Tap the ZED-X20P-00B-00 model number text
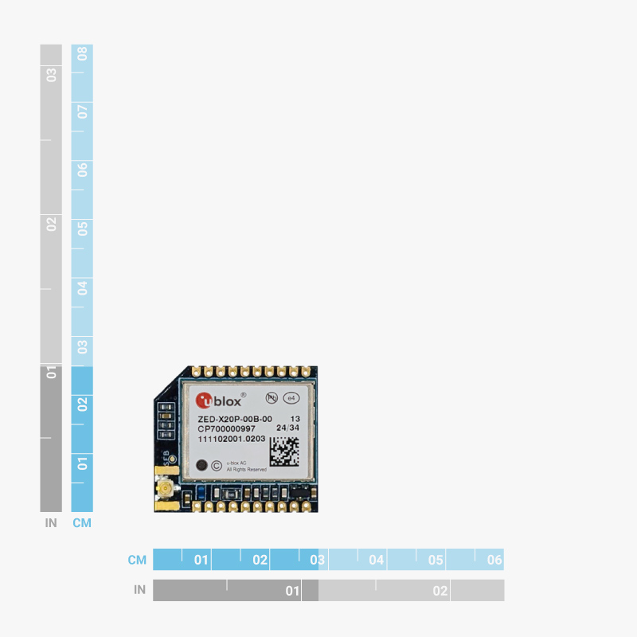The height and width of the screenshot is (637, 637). (x=235, y=419)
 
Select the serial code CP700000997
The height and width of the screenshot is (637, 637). (x=226, y=429)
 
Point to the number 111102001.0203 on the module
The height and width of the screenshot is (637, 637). (x=232, y=440)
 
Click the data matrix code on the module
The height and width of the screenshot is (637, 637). (x=285, y=452)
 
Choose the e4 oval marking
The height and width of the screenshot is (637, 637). (x=291, y=397)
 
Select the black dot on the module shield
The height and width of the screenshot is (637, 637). (x=201, y=465)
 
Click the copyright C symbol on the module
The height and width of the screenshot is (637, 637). (x=216, y=465)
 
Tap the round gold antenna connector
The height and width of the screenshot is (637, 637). (x=166, y=489)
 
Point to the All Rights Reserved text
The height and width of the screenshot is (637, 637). (x=247, y=470)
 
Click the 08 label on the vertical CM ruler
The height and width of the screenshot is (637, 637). (x=82, y=55)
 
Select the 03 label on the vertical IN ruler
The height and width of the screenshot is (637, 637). (x=51, y=74)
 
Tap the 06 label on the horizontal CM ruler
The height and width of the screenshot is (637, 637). (x=494, y=560)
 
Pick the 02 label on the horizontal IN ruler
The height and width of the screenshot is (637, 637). (x=440, y=591)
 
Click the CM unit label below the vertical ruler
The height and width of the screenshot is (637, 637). (x=82, y=523)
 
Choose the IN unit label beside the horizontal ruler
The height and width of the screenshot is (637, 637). (x=139, y=590)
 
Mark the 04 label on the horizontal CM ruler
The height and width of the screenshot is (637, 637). (x=377, y=560)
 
